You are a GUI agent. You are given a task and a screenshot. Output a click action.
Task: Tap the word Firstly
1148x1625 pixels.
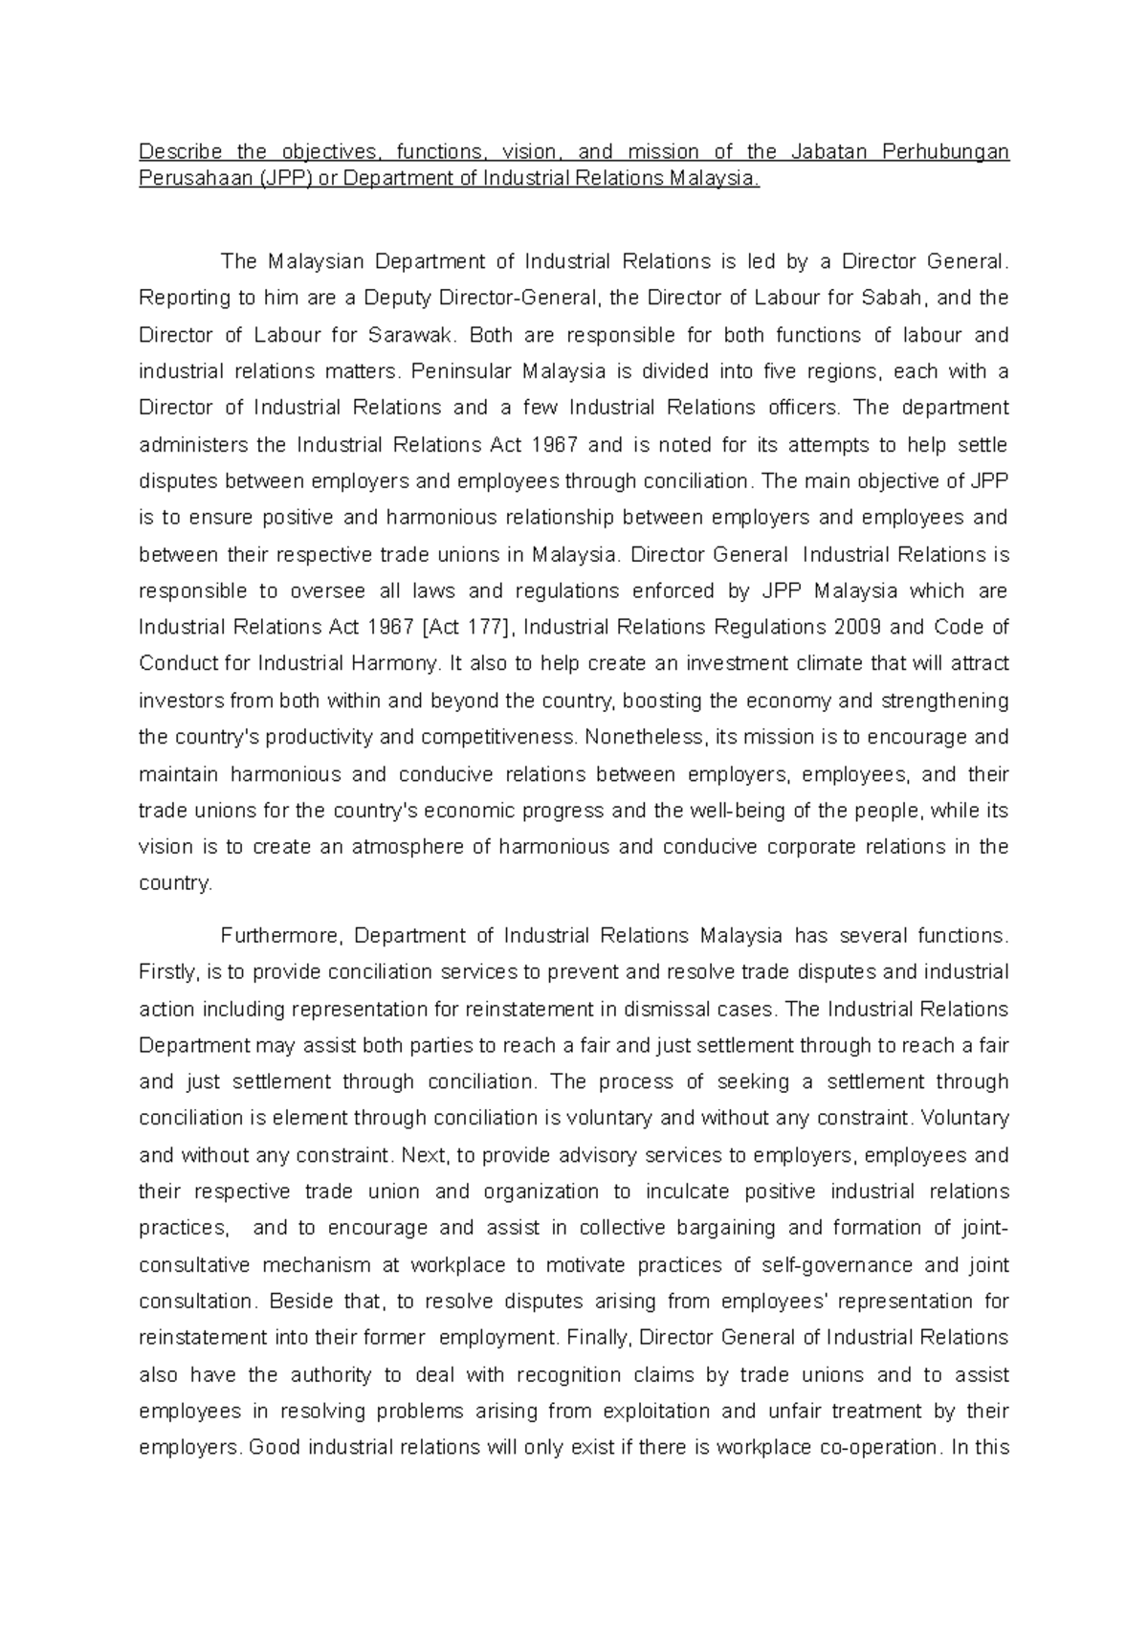pyautogui.click(x=168, y=972)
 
